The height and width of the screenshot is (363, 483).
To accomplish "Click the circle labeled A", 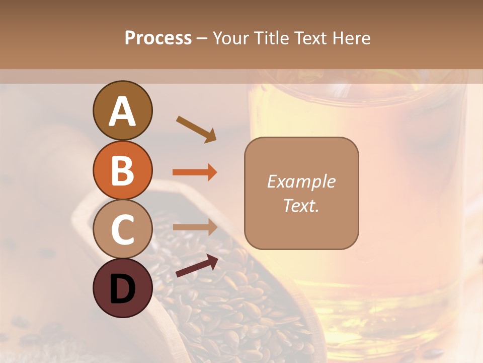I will click(x=122, y=110).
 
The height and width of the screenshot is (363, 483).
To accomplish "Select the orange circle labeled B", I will click(x=122, y=170).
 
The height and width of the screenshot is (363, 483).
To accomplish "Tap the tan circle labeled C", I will click(x=122, y=229).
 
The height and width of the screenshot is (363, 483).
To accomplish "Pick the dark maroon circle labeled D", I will click(x=122, y=288).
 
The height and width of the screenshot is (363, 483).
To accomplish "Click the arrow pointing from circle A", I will click(x=196, y=129).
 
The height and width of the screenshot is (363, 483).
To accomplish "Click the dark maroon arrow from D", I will click(x=197, y=266).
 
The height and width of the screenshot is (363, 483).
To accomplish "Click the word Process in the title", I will click(x=158, y=38).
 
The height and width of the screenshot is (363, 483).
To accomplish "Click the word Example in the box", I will click(x=301, y=181).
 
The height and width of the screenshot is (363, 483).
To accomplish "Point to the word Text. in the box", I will click(x=301, y=206).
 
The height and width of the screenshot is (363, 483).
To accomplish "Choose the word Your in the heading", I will click(x=231, y=38).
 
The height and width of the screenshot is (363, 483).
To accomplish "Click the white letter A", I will click(x=122, y=111).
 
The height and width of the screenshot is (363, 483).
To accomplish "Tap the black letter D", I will click(x=122, y=289).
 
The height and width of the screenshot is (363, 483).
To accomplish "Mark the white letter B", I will click(x=122, y=170).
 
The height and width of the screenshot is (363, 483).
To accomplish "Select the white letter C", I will click(x=122, y=229).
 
